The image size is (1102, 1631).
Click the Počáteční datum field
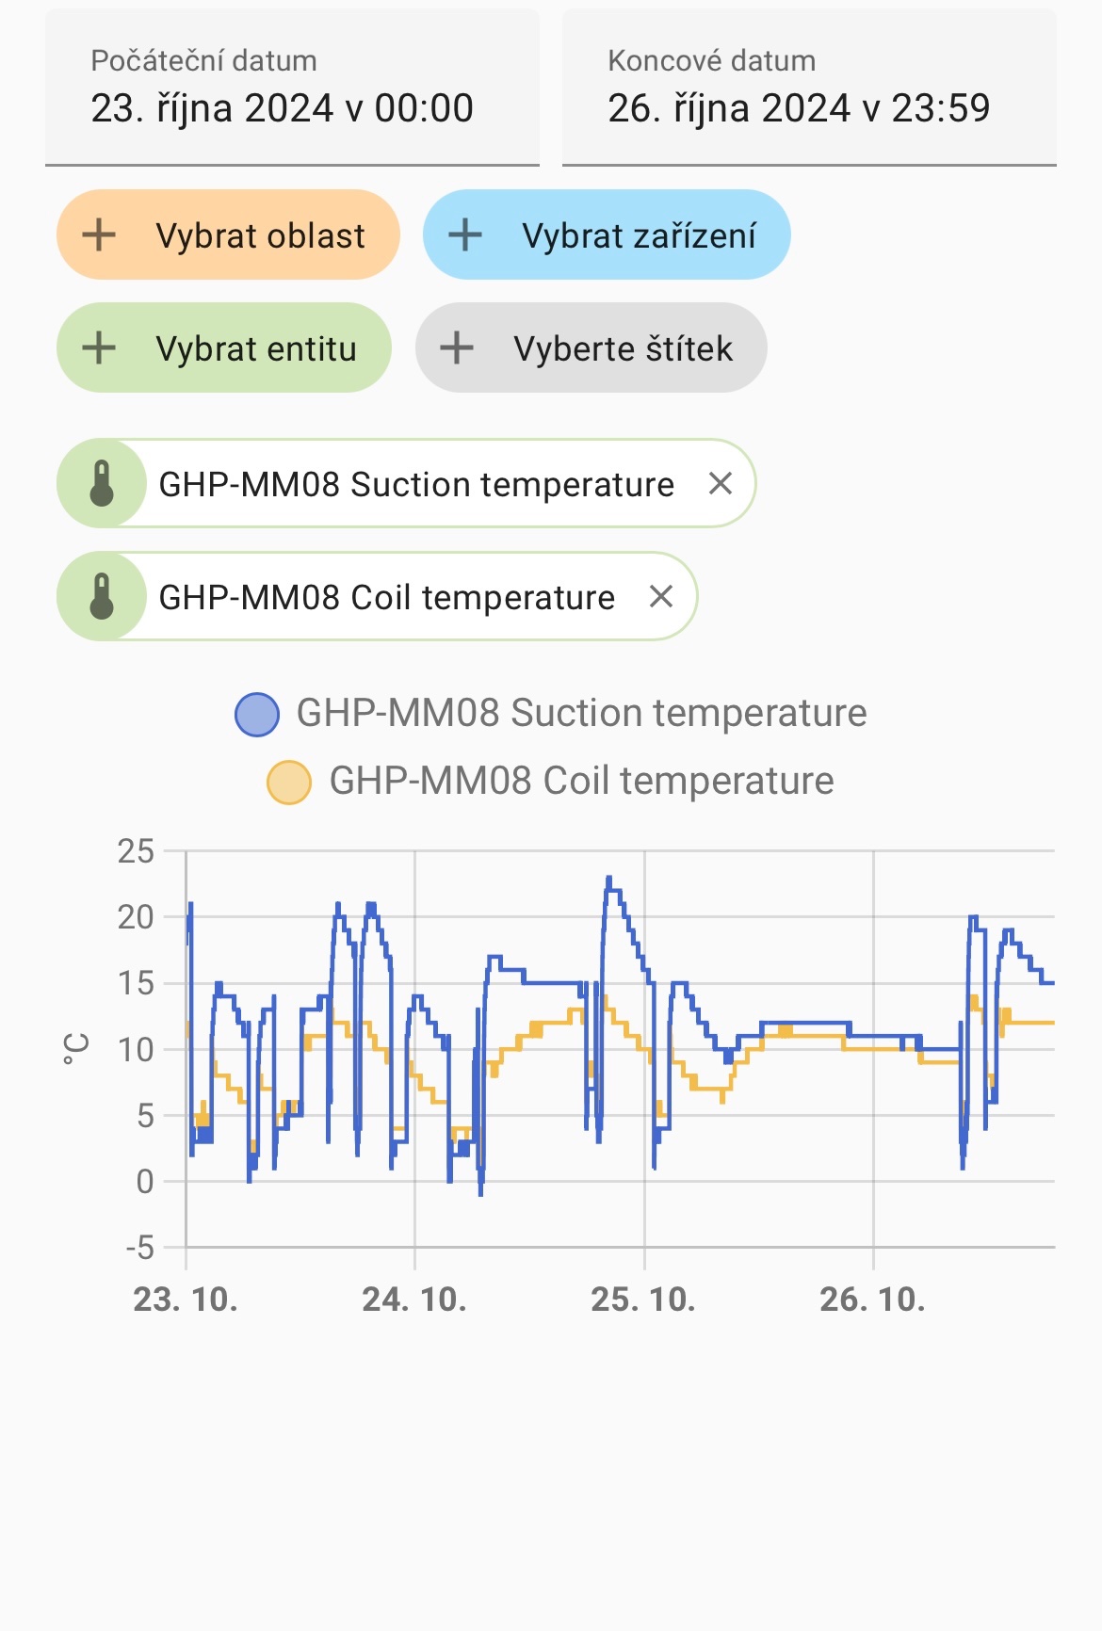(x=292, y=89)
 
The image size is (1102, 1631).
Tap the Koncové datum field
(x=808, y=89)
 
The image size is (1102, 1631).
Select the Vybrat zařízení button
(x=606, y=235)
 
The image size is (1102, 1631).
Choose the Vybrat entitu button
(x=224, y=348)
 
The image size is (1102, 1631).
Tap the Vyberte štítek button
(x=591, y=348)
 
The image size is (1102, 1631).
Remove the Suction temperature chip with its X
(x=721, y=484)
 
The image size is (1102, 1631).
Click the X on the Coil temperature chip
(x=661, y=597)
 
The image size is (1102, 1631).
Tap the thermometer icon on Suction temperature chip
(x=102, y=484)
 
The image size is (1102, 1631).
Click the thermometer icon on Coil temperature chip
(x=102, y=597)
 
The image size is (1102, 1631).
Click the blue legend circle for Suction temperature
(x=257, y=714)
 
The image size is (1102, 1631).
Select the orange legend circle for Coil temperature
(x=289, y=782)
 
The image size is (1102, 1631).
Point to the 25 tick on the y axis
(x=136, y=851)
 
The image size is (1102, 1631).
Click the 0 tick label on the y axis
(x=144, y=1182)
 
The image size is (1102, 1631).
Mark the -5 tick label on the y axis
(x=139, y=1249)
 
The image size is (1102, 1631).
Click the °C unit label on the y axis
(x=76, y=1048)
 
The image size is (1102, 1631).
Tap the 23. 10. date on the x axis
(x=186, y=1300)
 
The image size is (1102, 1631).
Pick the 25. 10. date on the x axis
(x=643, y=1300)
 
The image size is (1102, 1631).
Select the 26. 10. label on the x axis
(x=872, y=1300)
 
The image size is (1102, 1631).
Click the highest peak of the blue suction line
(x=609, y=879)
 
